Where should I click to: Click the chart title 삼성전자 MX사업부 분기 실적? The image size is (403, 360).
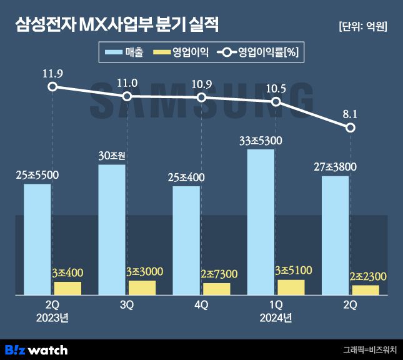(x=117, y=26)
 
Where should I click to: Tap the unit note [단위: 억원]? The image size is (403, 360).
(x=362, y=26)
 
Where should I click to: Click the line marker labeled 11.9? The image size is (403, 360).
(x=52, y=87)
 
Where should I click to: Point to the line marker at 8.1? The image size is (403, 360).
(x=351, y=128)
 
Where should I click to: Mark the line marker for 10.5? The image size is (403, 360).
(x=276, y=101)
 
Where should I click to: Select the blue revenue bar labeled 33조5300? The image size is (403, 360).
(x=261, y=222)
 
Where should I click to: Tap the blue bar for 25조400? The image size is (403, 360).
(x=186, y=240)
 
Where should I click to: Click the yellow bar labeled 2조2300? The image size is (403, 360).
(x=365, y=289)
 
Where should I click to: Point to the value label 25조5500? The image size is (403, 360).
(x=37, y=175)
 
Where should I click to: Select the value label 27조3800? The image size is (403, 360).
(x=336, y=167)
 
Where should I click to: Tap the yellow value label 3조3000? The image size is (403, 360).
(x=144, y=272)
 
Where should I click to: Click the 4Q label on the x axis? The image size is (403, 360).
(x=201, y=304)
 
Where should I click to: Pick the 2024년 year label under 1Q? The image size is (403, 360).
(x=276, y=317)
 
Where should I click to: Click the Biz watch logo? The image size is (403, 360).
(x=36, y=349)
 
